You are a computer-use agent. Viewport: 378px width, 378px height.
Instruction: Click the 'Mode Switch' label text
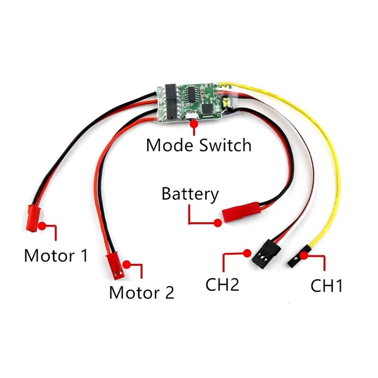pyautogui.click(x=198, y=145)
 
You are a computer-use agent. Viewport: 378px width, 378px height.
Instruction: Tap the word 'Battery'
pyautogui.click(x=190, y=194)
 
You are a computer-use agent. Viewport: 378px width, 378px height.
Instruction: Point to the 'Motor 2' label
pyautogui.click(x=142, y=292)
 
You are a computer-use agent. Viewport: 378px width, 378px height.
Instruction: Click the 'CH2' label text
pyautogui.click(x=222, y=285)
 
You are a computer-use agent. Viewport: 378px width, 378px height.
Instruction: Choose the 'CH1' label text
pyautogui.click(x=326, y=286)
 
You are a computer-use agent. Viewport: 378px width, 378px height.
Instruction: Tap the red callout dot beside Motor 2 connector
pyautogui.click(x=126, y=264)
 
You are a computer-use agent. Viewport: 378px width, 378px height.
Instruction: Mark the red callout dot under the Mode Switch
pyautogui.click(x=193, y=124)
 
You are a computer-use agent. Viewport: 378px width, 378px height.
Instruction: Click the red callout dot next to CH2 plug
pyautogui.click(x=246, y=253)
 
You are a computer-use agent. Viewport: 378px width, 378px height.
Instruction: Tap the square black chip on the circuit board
pyautogui.click(x=207, y=109)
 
